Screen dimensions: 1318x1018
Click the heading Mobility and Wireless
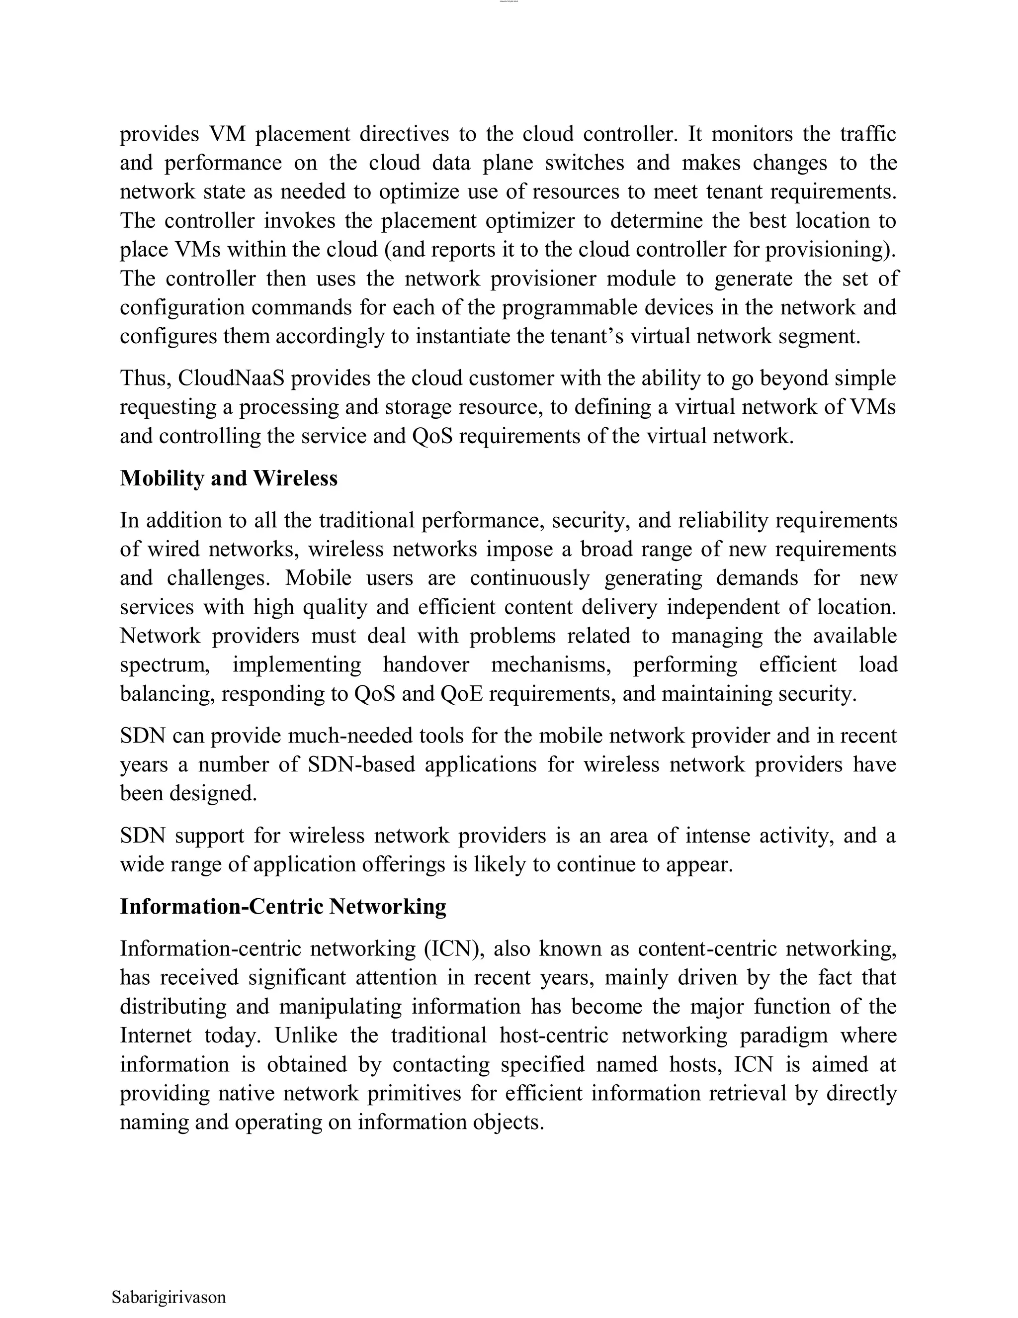[x=229, y=478]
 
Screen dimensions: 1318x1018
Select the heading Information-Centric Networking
[x=283, y=906]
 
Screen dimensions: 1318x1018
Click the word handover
[x=426, y=664]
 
